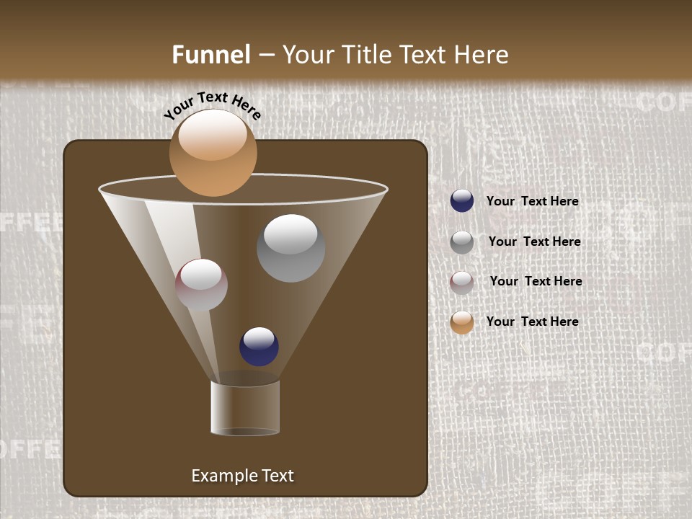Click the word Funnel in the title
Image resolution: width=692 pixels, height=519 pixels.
point(211,55)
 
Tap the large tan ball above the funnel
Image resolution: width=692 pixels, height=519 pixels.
point(213,152)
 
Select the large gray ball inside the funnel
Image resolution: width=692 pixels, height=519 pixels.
point(290,248)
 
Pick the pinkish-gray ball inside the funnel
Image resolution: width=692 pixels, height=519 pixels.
point(201,285)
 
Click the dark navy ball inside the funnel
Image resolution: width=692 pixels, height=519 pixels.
point(259,346)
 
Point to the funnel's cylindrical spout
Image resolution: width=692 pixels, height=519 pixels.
point(245,408)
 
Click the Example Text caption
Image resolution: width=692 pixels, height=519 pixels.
point(242,476)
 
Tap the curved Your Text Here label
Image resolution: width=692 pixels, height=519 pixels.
point(212,105)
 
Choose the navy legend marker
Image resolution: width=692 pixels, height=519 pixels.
point(462,201)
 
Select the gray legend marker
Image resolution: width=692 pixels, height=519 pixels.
point(462,241)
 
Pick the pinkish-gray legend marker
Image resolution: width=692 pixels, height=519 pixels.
point(462,282)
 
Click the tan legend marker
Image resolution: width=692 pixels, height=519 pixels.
point(462,322)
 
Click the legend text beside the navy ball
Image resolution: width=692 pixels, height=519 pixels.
point(532,202)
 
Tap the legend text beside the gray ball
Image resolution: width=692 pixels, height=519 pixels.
point(534,242)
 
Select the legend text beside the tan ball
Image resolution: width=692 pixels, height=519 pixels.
point(532,321)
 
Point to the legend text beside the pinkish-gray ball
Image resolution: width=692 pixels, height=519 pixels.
point(536,281)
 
